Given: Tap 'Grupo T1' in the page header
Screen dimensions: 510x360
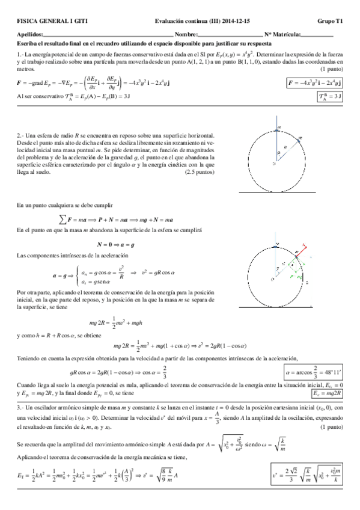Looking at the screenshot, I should tap(330, 20).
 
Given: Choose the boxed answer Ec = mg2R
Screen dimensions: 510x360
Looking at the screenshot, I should tap(327, 393).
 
